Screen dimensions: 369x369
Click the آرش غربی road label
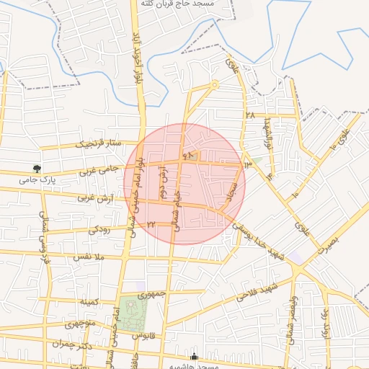tap(95, 197)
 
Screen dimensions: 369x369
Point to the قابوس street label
tap(144, 336)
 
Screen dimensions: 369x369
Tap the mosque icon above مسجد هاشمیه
tap(194, 356)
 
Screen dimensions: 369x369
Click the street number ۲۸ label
tap(250, 115)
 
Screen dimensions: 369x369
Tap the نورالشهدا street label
tap(267, 133)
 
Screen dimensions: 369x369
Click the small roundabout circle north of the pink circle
tap(215, 85)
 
